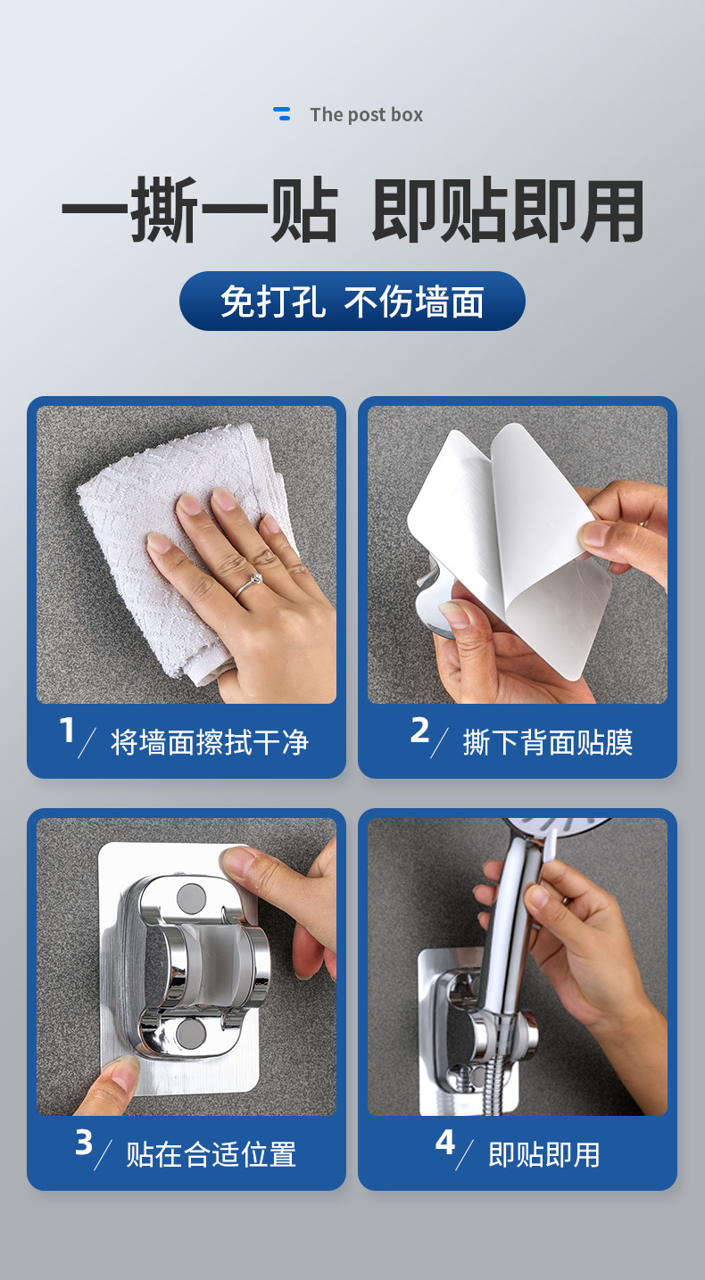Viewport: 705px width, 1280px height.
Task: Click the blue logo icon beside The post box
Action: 281,113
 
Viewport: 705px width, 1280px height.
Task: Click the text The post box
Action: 367,115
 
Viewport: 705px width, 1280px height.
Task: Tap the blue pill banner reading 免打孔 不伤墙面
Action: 352,301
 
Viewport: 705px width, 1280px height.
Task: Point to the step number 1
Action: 68,731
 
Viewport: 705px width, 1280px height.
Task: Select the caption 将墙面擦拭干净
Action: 210,742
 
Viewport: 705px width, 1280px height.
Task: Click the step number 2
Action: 419,731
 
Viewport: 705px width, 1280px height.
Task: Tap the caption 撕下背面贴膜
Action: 548,742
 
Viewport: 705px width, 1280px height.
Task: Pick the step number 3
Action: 84,1143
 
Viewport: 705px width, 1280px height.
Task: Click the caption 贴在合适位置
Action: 211,1154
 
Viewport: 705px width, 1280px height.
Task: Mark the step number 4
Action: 444,1143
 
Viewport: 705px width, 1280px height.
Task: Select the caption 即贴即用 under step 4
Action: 544,1154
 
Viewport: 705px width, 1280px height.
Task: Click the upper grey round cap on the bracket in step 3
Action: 192,897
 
